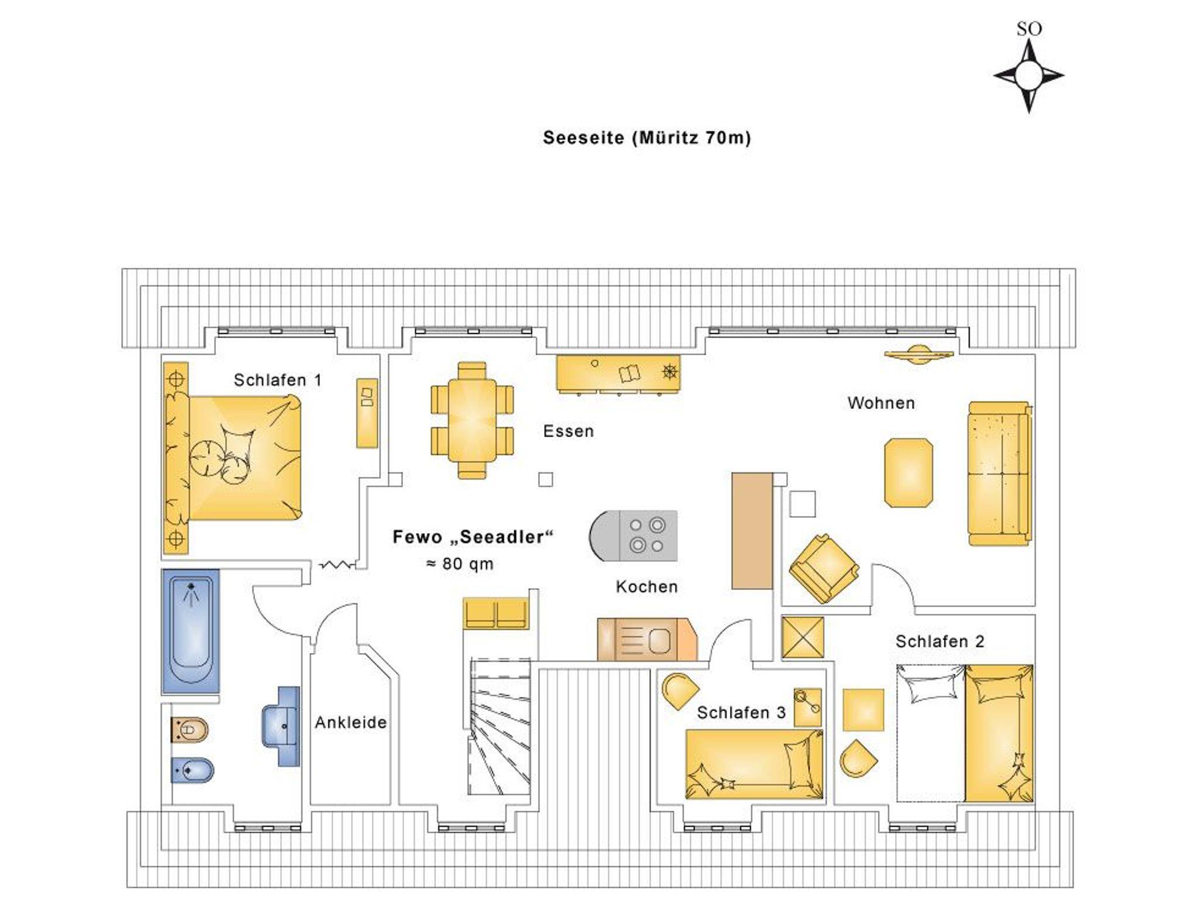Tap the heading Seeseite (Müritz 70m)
tap(646, 138)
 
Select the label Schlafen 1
tap(278, 380)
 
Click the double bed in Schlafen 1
tap(234, 458)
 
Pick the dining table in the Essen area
tap(472, 420)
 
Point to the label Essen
tap(568, 431)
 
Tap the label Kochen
tap(646, 587)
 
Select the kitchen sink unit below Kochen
tap(647, 640)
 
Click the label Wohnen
tap(881, 403)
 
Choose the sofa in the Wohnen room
tap(1000, 474)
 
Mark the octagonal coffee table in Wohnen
tap(908, 473)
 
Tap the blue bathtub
tap(191, 631)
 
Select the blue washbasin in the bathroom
tap(281, 726)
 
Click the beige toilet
tap(189, 730)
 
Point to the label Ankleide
tap(351, 723)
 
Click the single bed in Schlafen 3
tap(754, 764)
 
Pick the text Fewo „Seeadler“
tap(473, 537)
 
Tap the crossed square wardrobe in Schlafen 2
tap(803, 637)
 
